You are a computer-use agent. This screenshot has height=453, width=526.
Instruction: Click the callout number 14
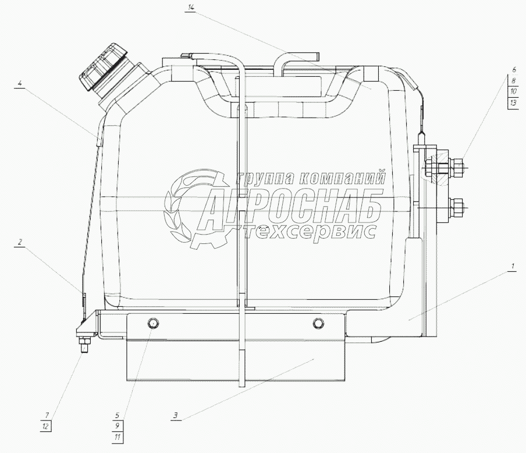(191, 8)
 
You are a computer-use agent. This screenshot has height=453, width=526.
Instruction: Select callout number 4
(20, 83)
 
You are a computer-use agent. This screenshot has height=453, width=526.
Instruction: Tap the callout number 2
(20, 242)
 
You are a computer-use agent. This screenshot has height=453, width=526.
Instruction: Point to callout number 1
(512, 267)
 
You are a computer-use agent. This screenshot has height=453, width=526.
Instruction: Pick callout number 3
(175, 415)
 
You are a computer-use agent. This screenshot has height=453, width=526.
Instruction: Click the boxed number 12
(45, 426)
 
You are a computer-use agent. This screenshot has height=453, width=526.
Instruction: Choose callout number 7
(47, 416)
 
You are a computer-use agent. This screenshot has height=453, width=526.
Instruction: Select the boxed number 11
(118, 437)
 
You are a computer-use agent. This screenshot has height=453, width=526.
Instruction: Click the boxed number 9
(118, 426)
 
